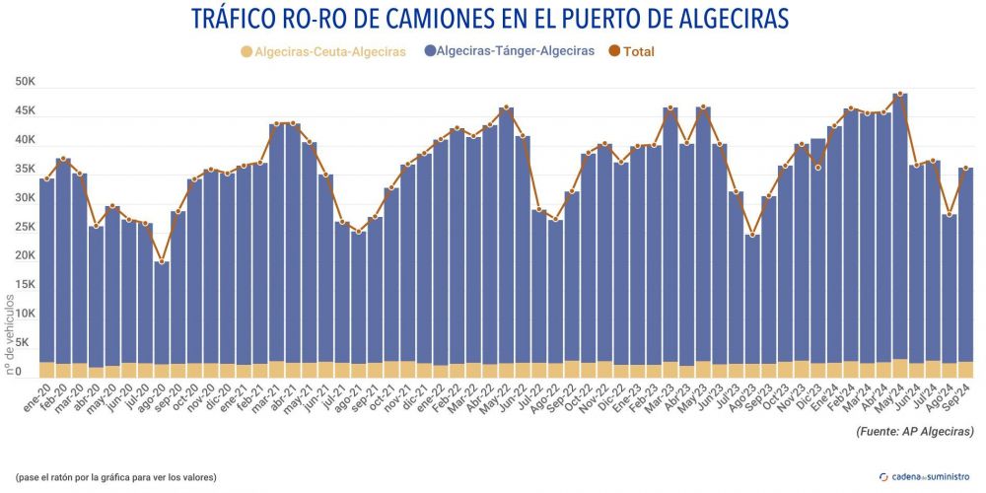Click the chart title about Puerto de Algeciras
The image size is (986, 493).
click(493, 19)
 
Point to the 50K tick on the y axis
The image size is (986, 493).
click(24, 83)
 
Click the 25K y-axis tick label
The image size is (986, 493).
click(24, 227)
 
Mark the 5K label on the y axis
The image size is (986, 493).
click(27, 342)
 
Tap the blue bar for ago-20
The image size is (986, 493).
click(161, 316)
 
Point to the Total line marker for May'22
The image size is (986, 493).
click(506, 107)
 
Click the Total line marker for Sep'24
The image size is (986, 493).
click(965, 168)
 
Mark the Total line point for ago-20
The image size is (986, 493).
click(161, 261)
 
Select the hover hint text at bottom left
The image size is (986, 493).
click(116, 477)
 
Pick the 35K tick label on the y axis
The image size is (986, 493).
click(24, 170)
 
